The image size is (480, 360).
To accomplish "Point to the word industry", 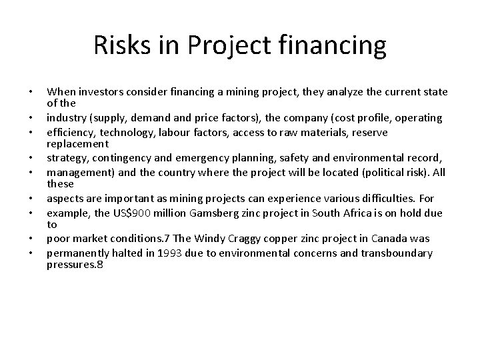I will point(65,117).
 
